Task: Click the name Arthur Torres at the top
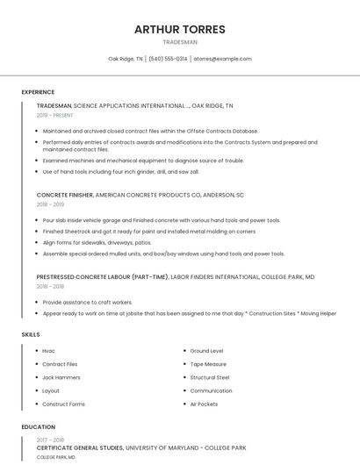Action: [179, 29]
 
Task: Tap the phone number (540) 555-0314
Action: [168, 59]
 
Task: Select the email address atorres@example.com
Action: [222, 59]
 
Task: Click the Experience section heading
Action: [38, 92]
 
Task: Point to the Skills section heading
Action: [31, 334]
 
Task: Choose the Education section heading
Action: [39, 427]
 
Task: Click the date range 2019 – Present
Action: [55, 115]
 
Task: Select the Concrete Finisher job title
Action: [64, 195]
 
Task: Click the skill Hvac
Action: [48, 351]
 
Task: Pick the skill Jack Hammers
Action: [61, 377]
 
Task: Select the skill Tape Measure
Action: [208, 364]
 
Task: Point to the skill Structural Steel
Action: [210, 377]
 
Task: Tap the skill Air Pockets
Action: [204, 404]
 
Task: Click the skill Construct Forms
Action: [63, 404]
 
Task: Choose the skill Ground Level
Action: [206, 351]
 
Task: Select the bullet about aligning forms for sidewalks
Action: [97, 242]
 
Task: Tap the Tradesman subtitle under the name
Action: [180, 42]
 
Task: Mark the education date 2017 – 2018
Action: [51, 440]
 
